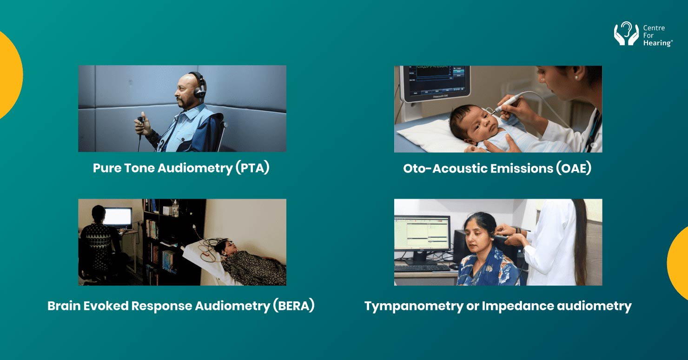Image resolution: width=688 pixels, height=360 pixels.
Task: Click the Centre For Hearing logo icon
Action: point(626,34)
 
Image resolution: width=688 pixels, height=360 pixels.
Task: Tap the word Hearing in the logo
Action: point(657,43)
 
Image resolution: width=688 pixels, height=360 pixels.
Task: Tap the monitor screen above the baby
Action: point(435,79)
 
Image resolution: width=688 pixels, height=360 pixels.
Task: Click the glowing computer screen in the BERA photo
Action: point(118,217)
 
